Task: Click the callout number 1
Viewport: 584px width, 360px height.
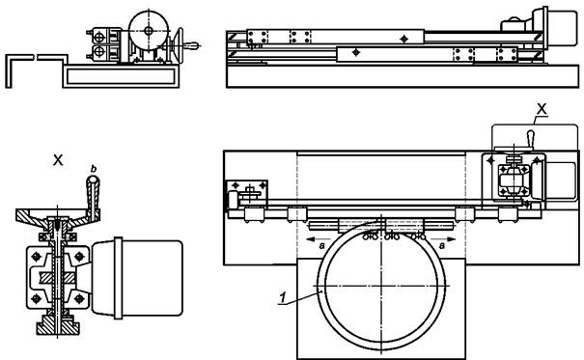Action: [283, 298]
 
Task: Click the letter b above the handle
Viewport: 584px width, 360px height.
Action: [94, 169]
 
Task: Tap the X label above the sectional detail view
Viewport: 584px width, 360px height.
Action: [58, 161]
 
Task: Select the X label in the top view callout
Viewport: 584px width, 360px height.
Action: [542, 109]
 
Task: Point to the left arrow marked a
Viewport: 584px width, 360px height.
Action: [318, 239]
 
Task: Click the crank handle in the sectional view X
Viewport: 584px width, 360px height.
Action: [93, 197]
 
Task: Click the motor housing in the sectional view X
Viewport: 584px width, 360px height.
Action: [137, 278]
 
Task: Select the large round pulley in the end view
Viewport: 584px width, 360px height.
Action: [149, 31]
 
